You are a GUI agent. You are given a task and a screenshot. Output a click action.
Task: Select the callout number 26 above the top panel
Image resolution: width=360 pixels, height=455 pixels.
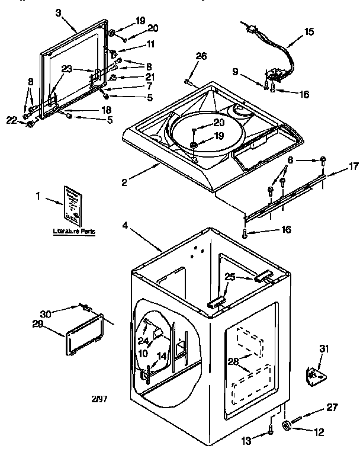(x=201, y=57)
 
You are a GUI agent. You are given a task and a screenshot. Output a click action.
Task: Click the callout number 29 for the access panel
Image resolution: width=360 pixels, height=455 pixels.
(x=38, y=323)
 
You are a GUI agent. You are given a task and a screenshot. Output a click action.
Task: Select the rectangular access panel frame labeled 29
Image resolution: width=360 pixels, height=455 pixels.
(x=87, y=335)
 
